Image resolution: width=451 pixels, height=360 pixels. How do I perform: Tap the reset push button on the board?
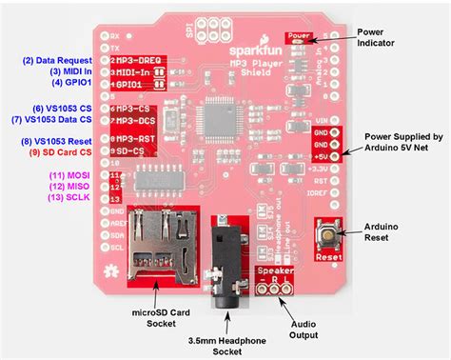(328, 232)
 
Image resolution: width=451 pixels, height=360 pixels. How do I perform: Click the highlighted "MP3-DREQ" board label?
(139, 61)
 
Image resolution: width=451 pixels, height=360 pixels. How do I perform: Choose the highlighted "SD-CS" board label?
(132, 151)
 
